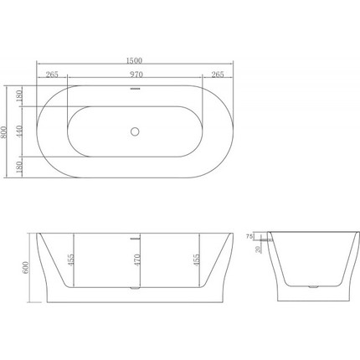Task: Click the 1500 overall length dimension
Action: (135, 60)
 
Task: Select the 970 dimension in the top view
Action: (135, 75)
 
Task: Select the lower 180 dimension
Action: (20, 166)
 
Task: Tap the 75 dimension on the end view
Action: (250, 238)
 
